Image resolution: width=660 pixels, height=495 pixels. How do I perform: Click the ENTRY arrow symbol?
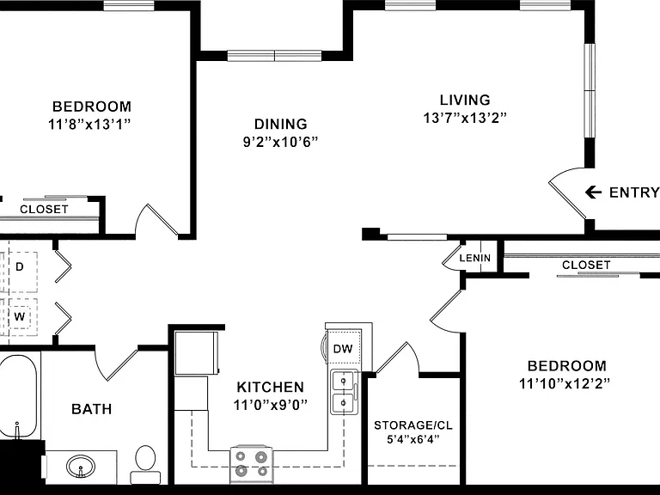tap(593, 192)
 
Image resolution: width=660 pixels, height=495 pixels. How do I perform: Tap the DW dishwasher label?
tap(343, 349)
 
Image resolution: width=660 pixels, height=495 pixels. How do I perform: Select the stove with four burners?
tap(252, 464)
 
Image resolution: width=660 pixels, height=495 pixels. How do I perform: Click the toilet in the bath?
tap(145, 465)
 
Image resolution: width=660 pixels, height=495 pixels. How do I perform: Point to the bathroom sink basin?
tap(81, 466)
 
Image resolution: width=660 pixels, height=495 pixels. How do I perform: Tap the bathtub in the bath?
tap(18, 397)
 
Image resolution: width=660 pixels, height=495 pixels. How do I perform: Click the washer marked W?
tap(20, 316)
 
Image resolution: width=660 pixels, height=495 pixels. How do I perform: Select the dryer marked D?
tap(20, 267)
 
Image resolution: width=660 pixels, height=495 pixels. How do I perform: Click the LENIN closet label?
tap(474, 258)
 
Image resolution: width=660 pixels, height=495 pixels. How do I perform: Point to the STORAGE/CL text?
tap(413, 425)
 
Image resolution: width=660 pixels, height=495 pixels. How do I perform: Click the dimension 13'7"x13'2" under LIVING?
tap(465, 118)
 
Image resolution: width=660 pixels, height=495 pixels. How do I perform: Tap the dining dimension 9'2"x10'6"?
tap(280, 142)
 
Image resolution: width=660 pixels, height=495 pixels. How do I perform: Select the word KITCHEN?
tap(270, 387)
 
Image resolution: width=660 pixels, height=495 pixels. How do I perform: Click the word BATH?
tap(91, 409)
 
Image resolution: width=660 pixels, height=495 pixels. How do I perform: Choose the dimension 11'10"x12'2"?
tap(565, 383)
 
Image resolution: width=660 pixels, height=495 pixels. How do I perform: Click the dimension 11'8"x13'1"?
tap(89, 125)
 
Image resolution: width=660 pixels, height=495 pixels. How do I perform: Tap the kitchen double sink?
tap(344, 392)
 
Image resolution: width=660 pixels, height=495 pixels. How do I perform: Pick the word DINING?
tap(281, 124)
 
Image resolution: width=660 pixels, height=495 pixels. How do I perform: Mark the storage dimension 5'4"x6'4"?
tap(412, 439)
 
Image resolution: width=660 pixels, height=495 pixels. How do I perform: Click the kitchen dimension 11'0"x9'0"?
tap(270, 405)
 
